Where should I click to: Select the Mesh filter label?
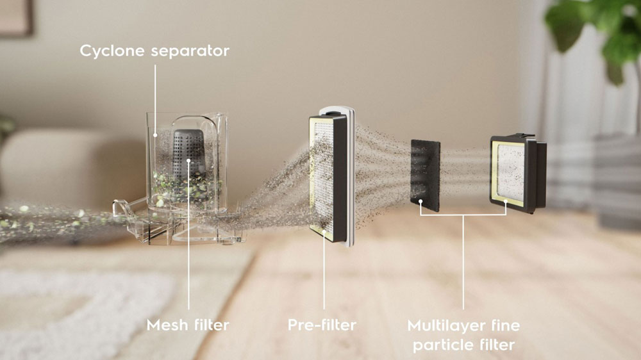(x=188, y=325)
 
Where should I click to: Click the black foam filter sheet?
(x=425, y=173)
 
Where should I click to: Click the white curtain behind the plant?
(x=564, y=115)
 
